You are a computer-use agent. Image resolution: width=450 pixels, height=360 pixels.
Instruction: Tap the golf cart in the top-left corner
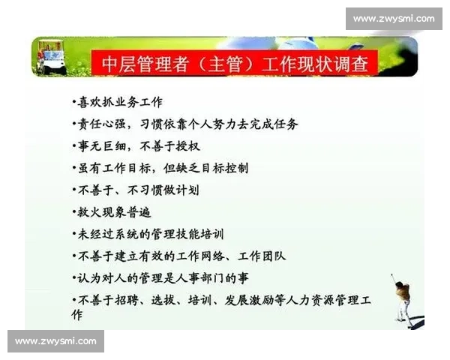point(51,58)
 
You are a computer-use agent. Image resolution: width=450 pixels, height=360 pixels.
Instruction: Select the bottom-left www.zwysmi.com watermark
point(56,341)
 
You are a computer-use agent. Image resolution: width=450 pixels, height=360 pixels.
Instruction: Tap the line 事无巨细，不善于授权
point(136,145)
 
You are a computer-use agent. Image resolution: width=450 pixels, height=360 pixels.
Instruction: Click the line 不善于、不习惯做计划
point(136,190)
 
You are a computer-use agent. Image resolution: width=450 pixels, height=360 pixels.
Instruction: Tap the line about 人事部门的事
point(172,277)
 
